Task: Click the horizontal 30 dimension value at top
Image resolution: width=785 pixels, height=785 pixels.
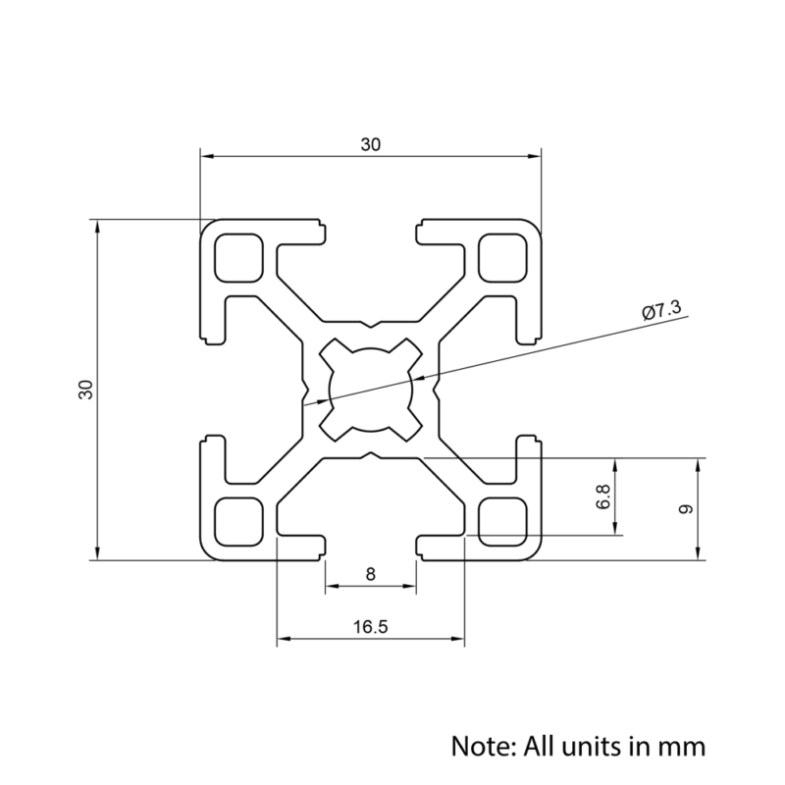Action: [370, 144]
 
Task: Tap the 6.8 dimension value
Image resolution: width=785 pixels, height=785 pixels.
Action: [603, 497]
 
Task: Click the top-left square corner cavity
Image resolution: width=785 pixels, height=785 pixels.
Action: [238, 256]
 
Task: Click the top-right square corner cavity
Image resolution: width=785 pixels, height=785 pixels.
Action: [501, 256]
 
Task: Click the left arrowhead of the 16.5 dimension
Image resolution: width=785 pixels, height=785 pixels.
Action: [283, 640]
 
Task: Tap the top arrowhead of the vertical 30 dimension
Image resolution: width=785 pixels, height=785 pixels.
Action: [96, 226]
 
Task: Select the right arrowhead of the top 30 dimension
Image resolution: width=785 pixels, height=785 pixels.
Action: [535, 155]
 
